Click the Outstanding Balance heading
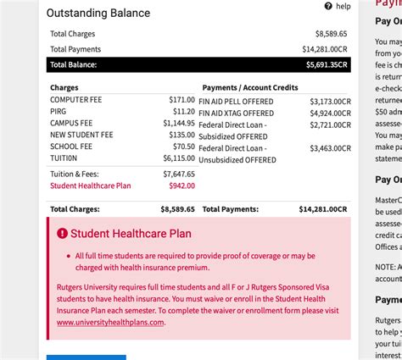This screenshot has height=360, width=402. (98, 13)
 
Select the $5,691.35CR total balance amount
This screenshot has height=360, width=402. (326, 64)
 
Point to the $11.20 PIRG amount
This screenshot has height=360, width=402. (183, 111)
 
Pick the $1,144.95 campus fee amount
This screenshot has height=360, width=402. (179, 123)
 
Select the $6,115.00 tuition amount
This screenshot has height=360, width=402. (179, 158)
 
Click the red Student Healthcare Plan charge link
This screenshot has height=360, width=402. (91, 185)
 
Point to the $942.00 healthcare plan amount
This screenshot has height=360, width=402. (181, 185)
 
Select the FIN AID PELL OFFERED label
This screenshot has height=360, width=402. (236, 100)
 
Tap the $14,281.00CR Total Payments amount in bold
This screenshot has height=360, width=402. (323, 208)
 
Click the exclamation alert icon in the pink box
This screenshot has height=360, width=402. (62, 233)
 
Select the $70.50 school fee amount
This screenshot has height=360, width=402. (183, 146)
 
